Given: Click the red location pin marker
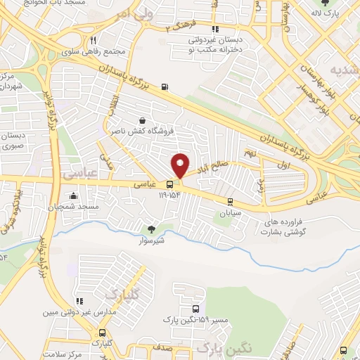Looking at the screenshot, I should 180,165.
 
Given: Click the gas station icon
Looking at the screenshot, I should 165,86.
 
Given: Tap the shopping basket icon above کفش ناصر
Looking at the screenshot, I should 143,120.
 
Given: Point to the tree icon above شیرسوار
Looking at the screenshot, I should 151,229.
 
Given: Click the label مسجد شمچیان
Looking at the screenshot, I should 79,205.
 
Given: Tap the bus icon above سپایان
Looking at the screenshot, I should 229,200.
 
